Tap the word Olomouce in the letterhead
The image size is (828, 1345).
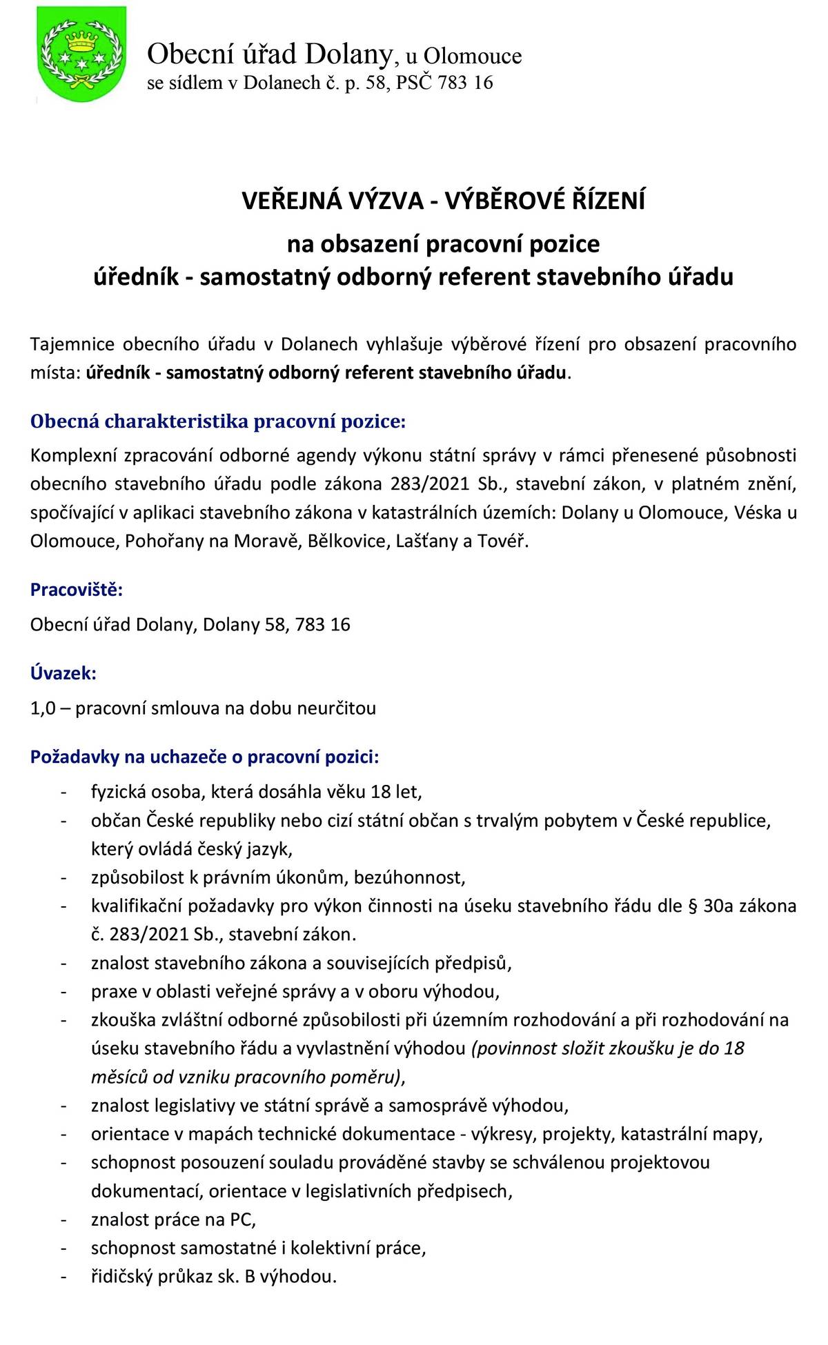tap(473, 56)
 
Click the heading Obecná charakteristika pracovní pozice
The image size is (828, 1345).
tap(218, 421)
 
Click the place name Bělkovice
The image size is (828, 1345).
tap(347, 541)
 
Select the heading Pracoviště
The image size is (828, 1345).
tap(77, 590)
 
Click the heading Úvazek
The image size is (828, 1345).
tap(63, 673)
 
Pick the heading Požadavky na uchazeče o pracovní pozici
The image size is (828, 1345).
tap(204, 757)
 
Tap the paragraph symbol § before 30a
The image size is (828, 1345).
tap(693, 906)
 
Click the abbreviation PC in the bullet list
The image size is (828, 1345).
tap(241, 1220)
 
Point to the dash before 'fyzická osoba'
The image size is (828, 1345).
tap(63, 792)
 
